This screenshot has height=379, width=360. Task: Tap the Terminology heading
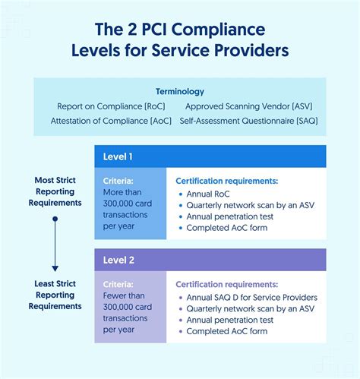click(x=180, y=90)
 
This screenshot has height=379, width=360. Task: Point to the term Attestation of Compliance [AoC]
click(x=111, y=121)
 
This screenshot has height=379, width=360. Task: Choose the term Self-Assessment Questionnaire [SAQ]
click(x=248, y=121)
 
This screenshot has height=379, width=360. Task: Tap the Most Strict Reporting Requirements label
click(x=55, y=191)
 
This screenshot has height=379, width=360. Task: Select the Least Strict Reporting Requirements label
click(x=55, y=295)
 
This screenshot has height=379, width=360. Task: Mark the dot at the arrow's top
click(x=55, y=220)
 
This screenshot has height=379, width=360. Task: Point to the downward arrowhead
click(x=55, y=267)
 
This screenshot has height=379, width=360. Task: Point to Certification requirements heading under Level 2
click(x=226, y=284)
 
